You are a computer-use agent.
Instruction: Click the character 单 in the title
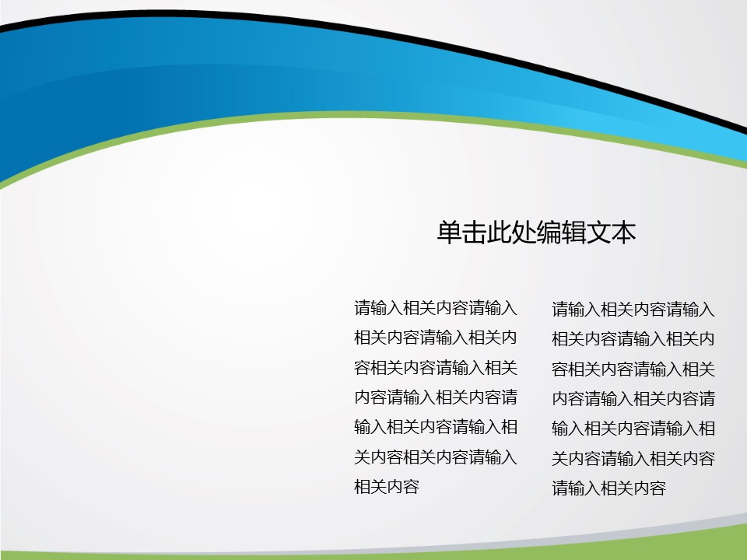point(450,233)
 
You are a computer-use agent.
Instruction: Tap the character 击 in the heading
point(475,233)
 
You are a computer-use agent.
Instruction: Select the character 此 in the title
point(500,233)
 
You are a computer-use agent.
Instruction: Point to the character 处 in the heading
point(524,233)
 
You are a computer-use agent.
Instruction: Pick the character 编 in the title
point(549,233)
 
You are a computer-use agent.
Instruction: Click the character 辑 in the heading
point(573,233)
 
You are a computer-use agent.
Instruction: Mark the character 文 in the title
point(598,233)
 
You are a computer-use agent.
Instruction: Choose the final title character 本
point(623,233)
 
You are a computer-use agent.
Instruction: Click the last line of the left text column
point(387,487)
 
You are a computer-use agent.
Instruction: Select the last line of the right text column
point(608,488)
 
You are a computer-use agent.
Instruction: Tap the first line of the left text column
point(436,308)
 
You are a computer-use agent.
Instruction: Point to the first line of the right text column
point(633,309)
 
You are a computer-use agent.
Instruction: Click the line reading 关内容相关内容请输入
point(436,457)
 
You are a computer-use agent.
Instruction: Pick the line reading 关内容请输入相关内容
point(633,459)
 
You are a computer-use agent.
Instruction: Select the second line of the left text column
point(436,338)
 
